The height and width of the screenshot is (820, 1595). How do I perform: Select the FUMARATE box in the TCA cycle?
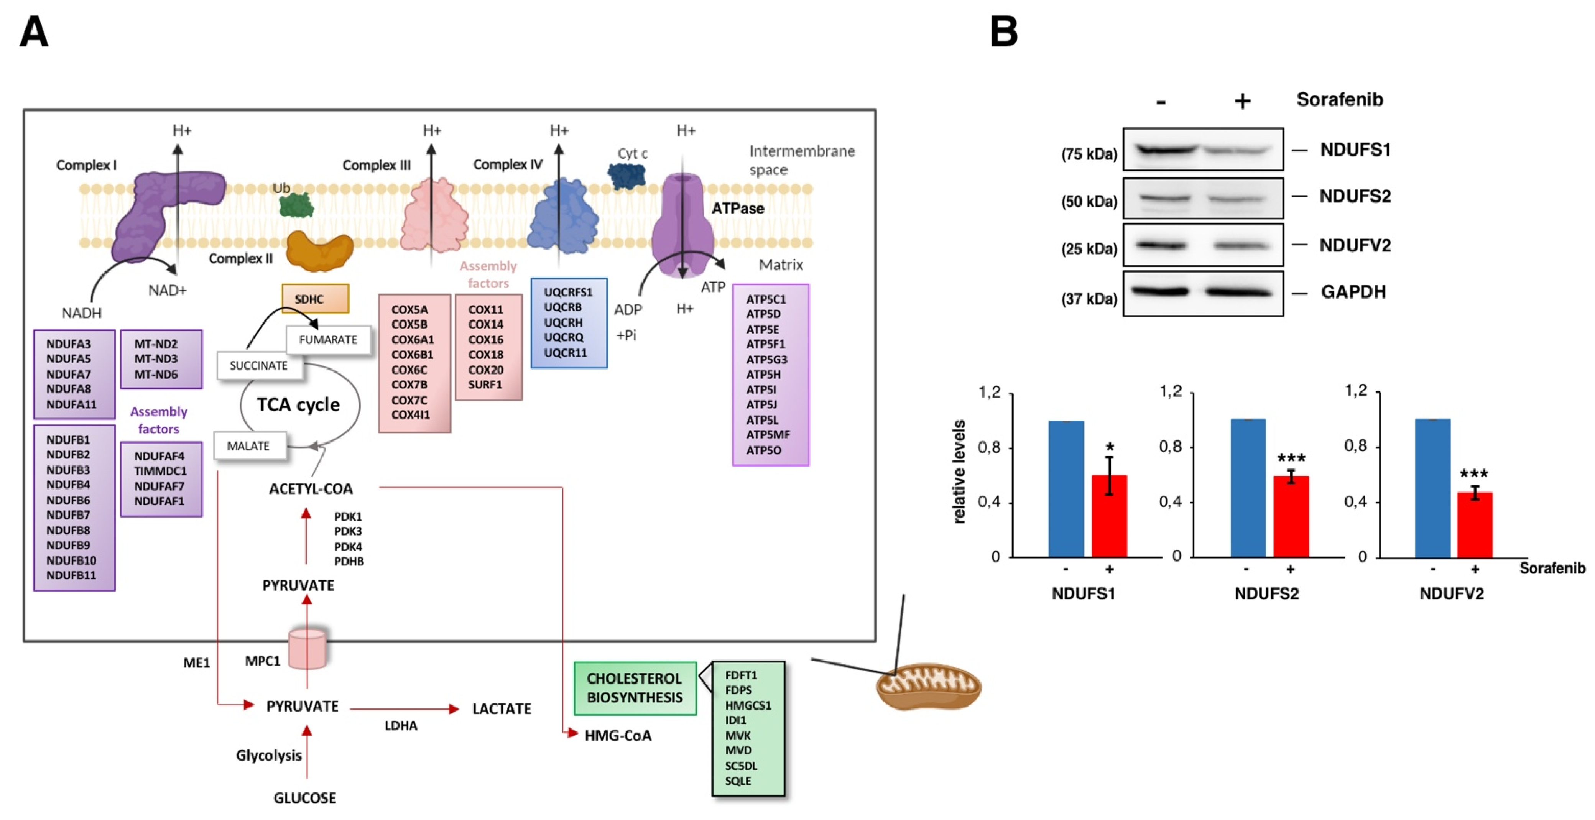click(x=328, y=340)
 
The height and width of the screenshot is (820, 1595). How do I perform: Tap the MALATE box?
click(x=249, y=445)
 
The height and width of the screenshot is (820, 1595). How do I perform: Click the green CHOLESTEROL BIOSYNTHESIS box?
click(x=635, y=688)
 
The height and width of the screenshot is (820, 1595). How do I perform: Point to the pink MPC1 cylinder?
click(x=307, y=649)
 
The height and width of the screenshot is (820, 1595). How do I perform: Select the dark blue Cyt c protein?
click(x=626, y=176)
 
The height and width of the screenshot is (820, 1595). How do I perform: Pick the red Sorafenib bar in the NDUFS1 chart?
click(x=1109, y=516)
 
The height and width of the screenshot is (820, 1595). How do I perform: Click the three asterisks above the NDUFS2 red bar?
click(x=1291, y=458)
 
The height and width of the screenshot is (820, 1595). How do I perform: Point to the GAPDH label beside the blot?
click(x=1353, y=292)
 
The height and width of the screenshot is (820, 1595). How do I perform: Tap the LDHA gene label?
click(x=401, y=725)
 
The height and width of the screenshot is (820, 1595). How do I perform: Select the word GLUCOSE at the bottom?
click(x=305, y=798)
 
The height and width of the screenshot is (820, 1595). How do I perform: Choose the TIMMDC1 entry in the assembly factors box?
click(x=160, y=471)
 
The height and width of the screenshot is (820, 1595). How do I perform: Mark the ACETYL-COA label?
click(x=311, y=489)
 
